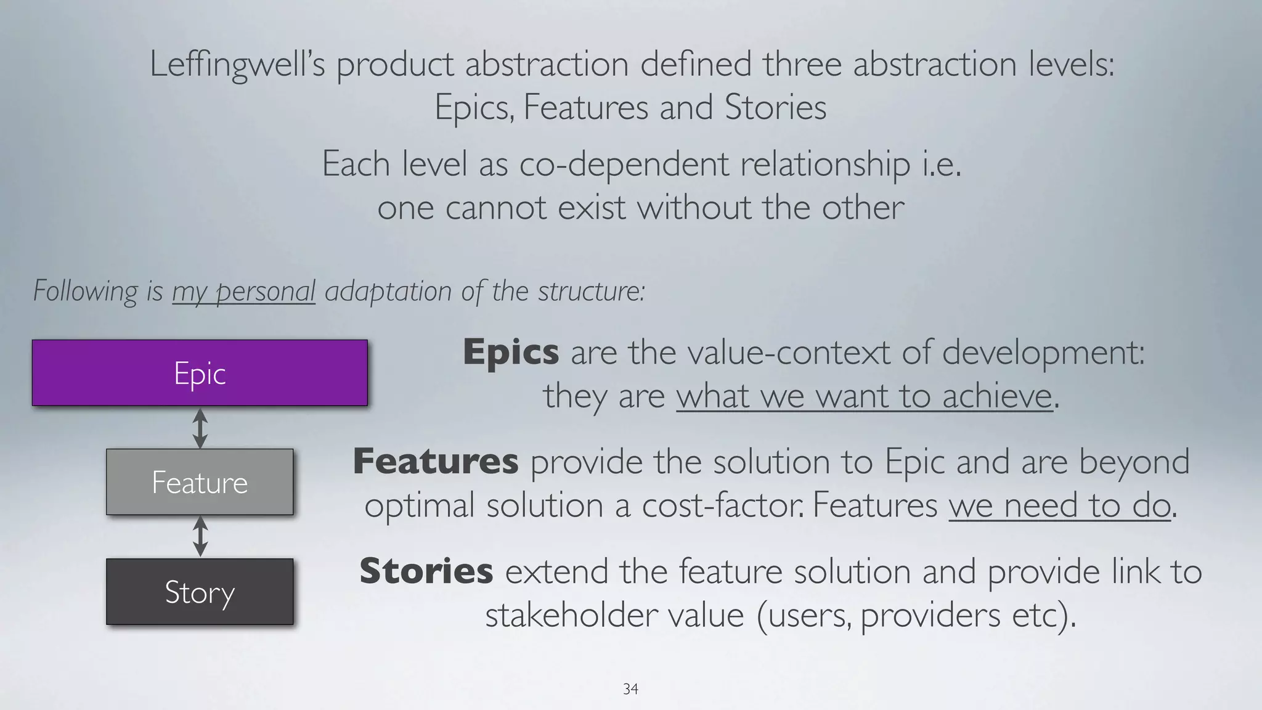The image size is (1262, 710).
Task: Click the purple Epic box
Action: point(200,373)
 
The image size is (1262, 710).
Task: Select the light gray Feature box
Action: point(200,482)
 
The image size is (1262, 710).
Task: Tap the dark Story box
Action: point(200,592)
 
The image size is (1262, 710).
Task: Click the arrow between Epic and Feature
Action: point(200,428)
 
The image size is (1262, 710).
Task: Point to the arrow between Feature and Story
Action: point(200,536)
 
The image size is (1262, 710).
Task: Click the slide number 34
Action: point(630,689)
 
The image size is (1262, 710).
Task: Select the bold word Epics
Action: point(511,353)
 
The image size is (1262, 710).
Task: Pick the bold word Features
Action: point(435,462)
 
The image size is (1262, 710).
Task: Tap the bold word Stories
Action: point(426,571)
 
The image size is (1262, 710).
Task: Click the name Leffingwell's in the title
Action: point(237,65)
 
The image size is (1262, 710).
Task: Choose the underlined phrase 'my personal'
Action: point(243,291)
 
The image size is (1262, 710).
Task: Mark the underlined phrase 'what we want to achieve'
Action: point(864,396)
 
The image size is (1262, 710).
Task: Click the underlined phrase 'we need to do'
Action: point(1059,505)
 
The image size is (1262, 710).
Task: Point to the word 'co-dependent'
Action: point(624,165)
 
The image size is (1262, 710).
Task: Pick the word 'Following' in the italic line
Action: point(86,291)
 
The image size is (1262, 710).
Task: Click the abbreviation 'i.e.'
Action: point(941,165)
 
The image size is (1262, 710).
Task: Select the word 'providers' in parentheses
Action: point(930,614)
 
